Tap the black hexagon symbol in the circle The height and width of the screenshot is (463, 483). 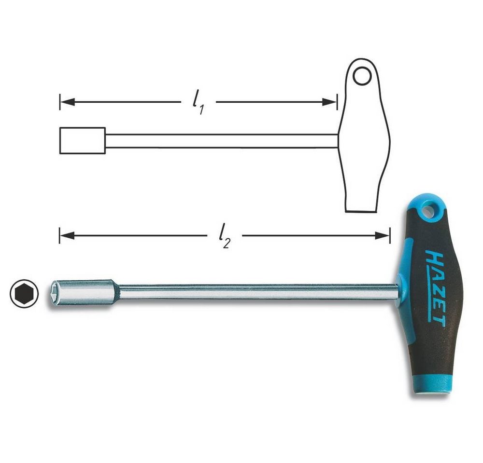pos(24,293)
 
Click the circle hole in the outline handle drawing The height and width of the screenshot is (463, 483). pos(362,76)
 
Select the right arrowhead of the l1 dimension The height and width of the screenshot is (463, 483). pos(329,102)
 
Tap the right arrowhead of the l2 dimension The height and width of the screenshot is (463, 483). pos(382,236)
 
